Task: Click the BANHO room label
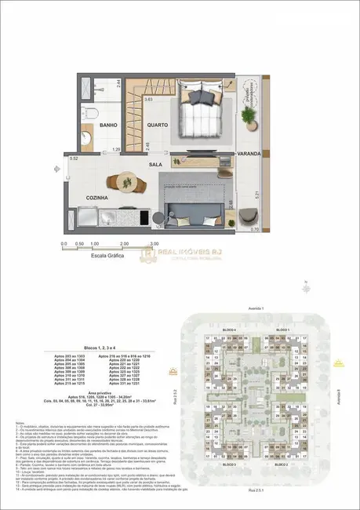pyautogui.click(x=108, y=125)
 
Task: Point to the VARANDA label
pyautogui.click(x=249, y=154)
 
